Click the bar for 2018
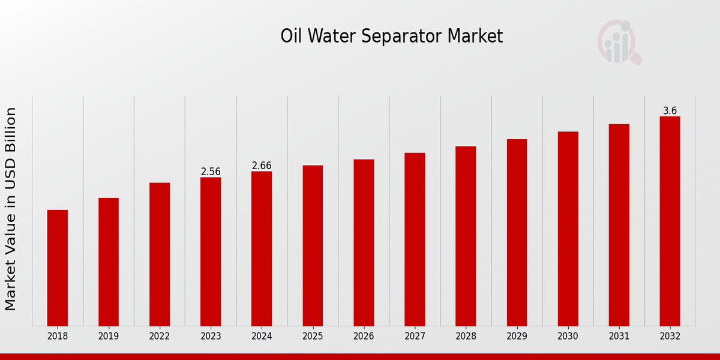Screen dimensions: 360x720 point(58,268)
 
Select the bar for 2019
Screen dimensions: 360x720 point(109,262)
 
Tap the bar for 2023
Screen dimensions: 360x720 point(211,251)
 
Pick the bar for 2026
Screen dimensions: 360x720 point(364,242)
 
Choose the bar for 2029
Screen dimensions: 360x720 point(517,232)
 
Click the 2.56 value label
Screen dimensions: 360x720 point(211,172)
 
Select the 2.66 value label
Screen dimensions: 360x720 point(262,166)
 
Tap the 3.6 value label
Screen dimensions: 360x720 point(670,111)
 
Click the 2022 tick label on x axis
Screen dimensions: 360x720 point(160,336)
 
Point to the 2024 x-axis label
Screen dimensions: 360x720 point(262,336)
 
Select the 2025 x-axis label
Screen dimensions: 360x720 point(313,336)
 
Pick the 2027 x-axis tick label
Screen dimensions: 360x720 point(415,336)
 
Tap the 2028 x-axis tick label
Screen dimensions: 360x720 point(466,336)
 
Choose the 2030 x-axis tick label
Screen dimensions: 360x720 point(568,336)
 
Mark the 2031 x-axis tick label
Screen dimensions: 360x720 point(619,336)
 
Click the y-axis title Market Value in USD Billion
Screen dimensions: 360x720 point(11,209)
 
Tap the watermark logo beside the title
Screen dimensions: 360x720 point(619,42)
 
